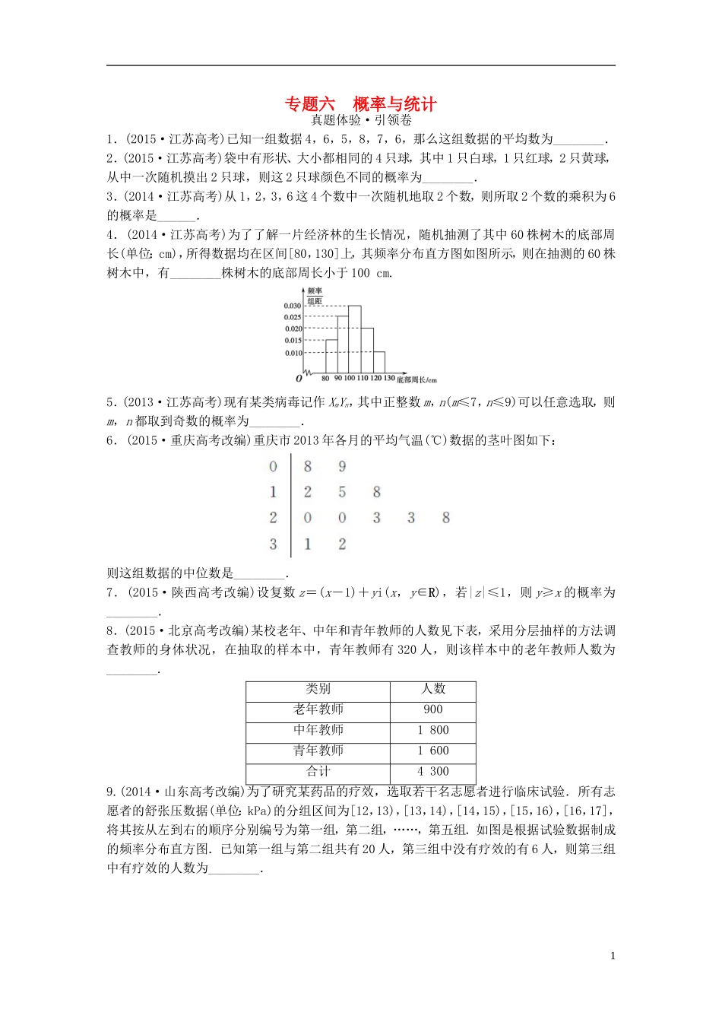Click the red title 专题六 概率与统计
(x=360, y=104)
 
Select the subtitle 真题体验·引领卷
(x=361, y=120)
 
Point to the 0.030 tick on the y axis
(x=293, y=306)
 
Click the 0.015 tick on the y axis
(x=293, y=341)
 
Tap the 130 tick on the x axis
(x=388, y=378)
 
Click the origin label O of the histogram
(x=299, y=378)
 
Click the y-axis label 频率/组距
(x=315, y=296)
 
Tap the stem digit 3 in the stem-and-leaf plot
(x=274, y=544)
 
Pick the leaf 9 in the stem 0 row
(x=342, y=466)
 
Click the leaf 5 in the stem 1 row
(x=342, y=492)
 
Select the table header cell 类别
(x=318, y=689)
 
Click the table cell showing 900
(x=432, y=709)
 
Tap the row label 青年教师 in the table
(x=318, y=751)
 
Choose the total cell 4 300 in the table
(x=432, y=771)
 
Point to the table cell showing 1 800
(x=432, y=730)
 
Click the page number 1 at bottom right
(x=613, y=956)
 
